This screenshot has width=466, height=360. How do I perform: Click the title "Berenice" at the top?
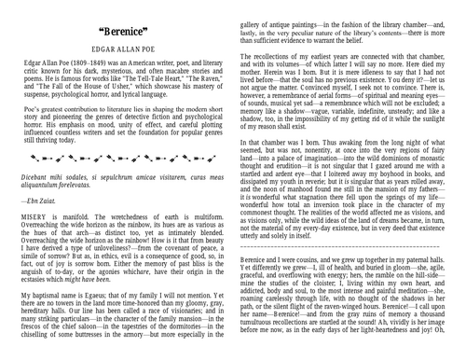coord(116,32)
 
